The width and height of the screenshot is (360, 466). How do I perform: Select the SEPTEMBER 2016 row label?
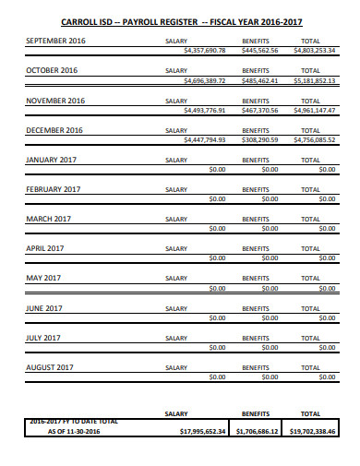[54, 42]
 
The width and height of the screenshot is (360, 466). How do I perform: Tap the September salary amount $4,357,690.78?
[205, 52]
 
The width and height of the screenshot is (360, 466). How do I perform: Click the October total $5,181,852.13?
[315, 80]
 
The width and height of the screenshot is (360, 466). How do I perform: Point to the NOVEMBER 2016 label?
[55, 100]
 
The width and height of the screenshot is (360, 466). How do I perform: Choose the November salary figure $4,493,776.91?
[205, 110]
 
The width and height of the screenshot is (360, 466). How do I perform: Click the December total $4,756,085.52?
[315, 139]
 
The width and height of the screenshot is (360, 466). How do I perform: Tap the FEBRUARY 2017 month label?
[53, 189]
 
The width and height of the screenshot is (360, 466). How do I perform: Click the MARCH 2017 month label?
[48, 219]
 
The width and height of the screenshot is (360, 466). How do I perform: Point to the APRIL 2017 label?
[45, 248]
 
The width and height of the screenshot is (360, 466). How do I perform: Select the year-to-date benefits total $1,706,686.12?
[258, 430]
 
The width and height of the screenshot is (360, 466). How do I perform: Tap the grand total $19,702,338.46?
[313, 430]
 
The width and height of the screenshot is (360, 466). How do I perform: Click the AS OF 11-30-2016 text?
[73, 431]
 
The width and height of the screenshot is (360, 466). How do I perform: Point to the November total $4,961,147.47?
[315, 110]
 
